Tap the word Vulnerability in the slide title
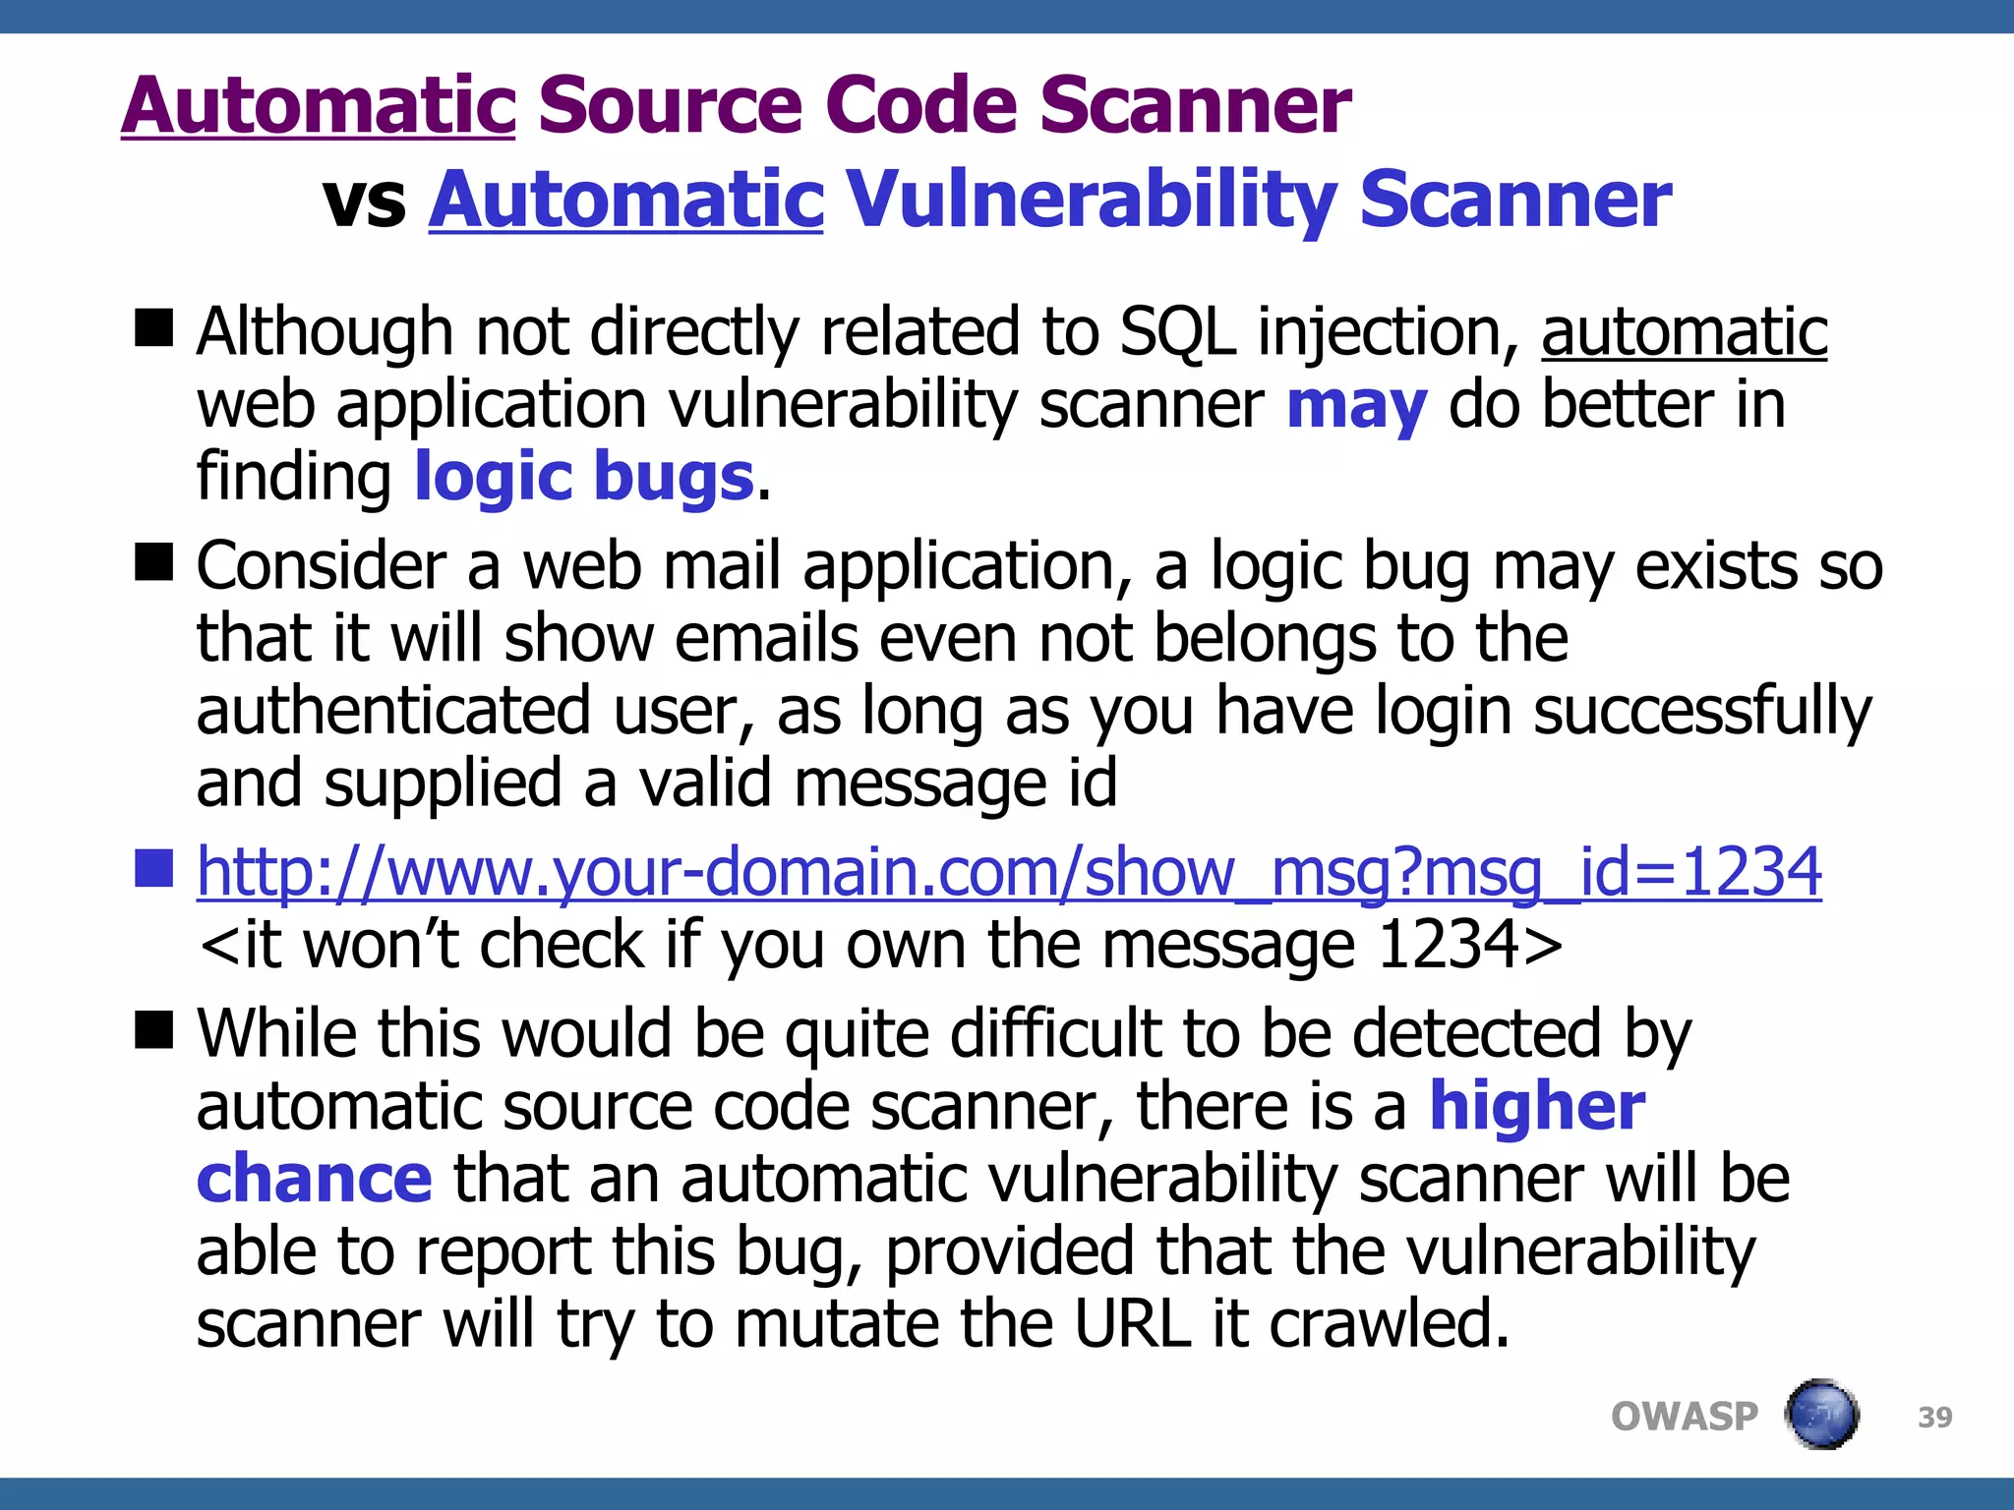pyautogui.click(x=1090, y=200)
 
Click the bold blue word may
pyautogui.click(x=1356, y=405)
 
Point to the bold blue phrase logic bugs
pyautogui.click(x=584, y=478)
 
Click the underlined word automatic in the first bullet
pyautogui.click(x=1684, y=332)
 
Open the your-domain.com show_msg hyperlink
pyautogui.click(x=1009, y=872)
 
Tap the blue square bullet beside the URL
pyautogui.click(x=153, y=867)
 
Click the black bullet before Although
pyautogui.click(x=153, y=327)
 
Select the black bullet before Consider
pyautogui.click(x=153, y=562)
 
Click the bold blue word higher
pyautogui.click(x=1536, y=1107)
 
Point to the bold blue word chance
pyautogui.click(x=314, y=1179)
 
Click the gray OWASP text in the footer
pyautogui.click(x=1684, y=1417)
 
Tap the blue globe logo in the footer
pyautogui.click(x=1821, y=1415)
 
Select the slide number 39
pyautogui.click(x=1934, y=1418)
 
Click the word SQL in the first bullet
pyautogui.click(x=1177, y=332)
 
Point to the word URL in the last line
pyautogui.click(x=1131, y=1324)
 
